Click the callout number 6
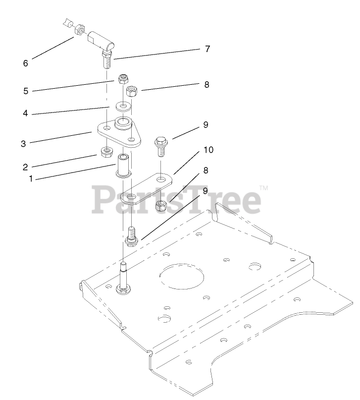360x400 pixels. pos(25,63)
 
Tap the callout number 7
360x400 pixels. pos(207,49)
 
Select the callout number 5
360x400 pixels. pos(25,91)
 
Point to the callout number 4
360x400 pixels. pos(25,114)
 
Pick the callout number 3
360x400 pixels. pos(23,144)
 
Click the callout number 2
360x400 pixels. pos(25,167)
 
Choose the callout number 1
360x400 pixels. pos(31,179)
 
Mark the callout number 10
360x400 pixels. pos(208,150)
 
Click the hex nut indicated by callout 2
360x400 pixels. pos(105,152)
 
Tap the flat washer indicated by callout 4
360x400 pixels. pos(122,106)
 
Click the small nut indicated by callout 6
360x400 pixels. pos(78,31)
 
